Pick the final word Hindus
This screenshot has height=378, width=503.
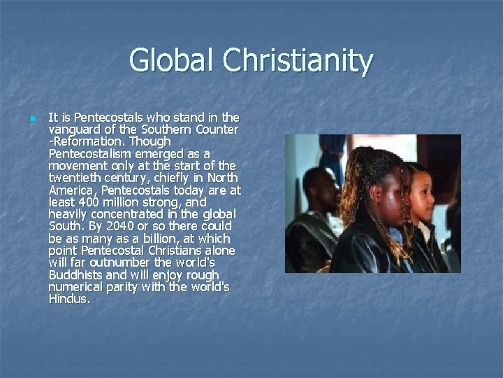[x=69, y=298]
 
